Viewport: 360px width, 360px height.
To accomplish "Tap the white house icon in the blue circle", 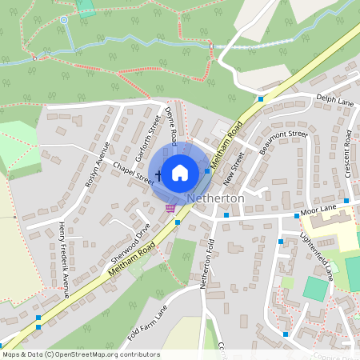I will point(180,172).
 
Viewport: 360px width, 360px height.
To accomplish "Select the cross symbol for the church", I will point(158,174).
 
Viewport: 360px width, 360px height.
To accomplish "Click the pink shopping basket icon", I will point(170,208).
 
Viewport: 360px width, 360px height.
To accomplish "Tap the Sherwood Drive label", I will point(131,244).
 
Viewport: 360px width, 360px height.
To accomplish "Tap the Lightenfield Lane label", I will point(316,252).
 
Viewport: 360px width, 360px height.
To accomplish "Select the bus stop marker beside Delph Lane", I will point(261,99).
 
